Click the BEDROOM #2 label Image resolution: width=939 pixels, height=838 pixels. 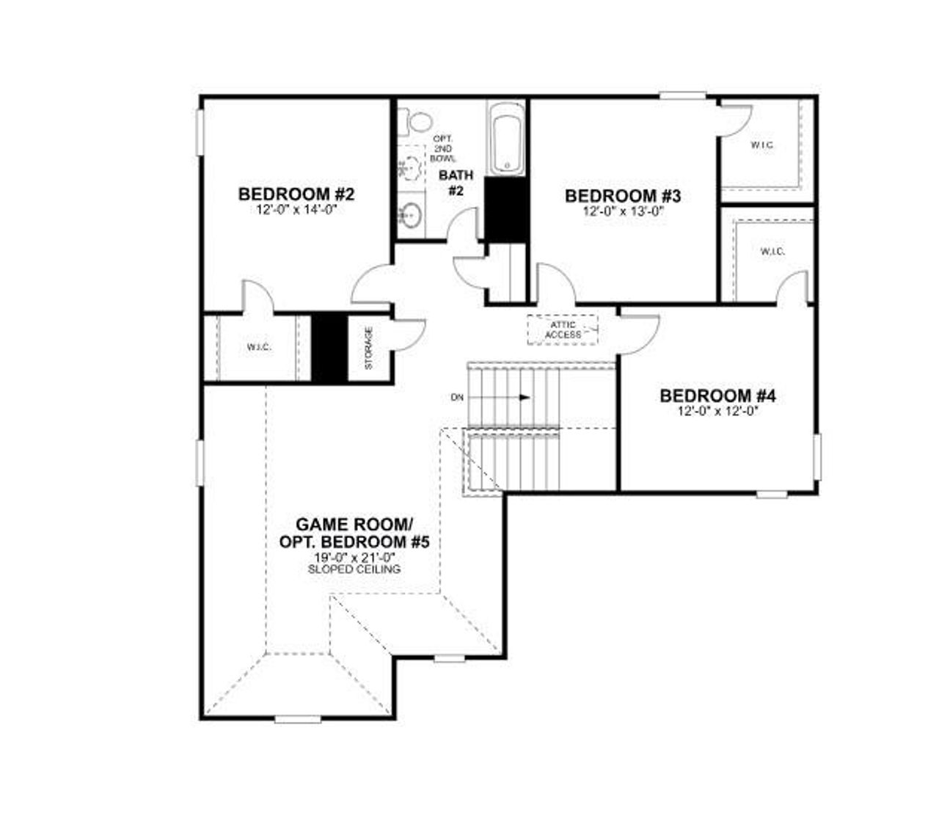click(x=296, y=194)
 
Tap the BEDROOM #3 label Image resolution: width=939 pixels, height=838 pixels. click(x=623, y=196)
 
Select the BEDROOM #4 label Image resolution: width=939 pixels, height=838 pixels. click(x=717, y=396)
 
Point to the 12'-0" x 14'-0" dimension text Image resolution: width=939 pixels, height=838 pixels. click(x=296, y=210)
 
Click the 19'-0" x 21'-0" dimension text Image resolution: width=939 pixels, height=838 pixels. click(x=354, y=558)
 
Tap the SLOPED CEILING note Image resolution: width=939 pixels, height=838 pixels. click(x=354, y=569)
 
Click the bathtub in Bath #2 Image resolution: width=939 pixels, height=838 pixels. click(x=505, y=139)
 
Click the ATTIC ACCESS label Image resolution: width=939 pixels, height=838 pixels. click(x=563, y=329)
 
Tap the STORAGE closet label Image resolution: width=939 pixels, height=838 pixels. click(x=368, y=348)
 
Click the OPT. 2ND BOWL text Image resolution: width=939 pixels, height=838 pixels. click(x=443, y=149)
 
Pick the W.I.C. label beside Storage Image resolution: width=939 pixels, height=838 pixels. click(x=259, y=347)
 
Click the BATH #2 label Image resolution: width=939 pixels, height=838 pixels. click(x=456, y=183)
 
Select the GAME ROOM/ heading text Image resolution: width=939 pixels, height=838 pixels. click(x=354, y=525)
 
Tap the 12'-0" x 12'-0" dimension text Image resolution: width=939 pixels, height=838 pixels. click(x=717, y=412)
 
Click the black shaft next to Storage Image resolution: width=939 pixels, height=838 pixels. click(x=329, y=348)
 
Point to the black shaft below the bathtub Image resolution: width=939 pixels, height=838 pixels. click(x=506, y=208)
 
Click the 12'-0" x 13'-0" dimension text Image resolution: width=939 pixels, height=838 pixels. click(x=623, y=211)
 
